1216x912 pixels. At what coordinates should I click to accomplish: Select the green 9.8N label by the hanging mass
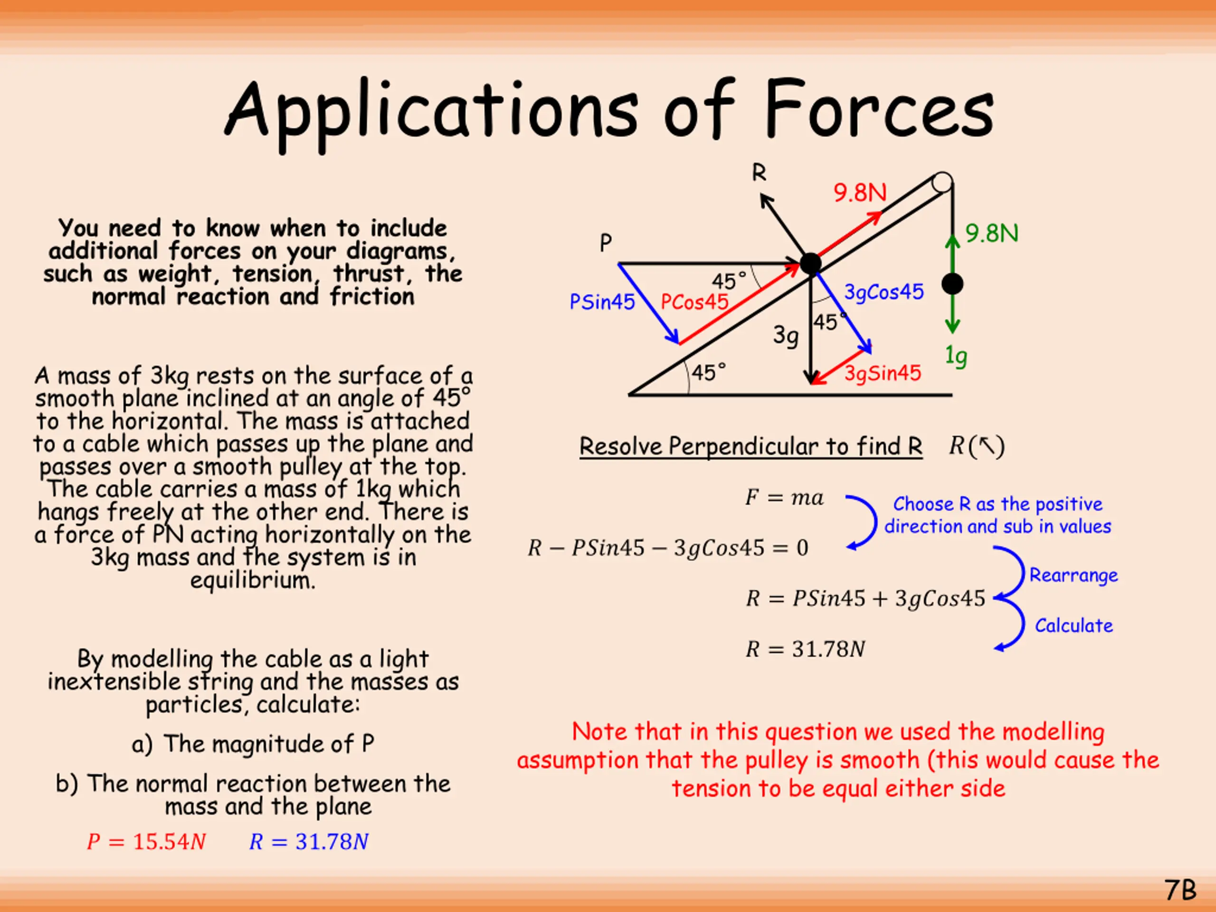coord(992,234)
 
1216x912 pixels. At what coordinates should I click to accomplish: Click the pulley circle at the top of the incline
coord(942,182)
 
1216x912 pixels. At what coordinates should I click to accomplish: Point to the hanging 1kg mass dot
coord(952,284)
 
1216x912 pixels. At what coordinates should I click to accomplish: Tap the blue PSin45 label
coord(602,302)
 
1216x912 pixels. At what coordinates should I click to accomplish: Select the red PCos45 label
coord(694,302)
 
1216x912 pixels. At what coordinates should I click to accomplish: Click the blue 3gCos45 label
coord(884,292)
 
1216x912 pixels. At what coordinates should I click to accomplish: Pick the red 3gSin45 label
coord(883,373)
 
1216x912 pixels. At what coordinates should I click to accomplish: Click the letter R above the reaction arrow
coord(759,173)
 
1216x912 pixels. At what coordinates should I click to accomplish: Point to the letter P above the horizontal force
coord(605,242)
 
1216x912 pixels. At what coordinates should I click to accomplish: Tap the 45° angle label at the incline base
coord(709,373)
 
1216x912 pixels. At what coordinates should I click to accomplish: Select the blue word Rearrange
coord(1073,576)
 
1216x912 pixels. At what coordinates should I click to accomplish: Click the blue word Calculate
coord(1073,626)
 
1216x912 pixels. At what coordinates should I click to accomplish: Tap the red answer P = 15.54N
coord(146,842)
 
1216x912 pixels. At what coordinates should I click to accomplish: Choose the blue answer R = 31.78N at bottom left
coord(309,842)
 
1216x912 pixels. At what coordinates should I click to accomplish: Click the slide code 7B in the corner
coord(1180,890)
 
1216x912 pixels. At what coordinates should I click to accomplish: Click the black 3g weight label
coord(786,335)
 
